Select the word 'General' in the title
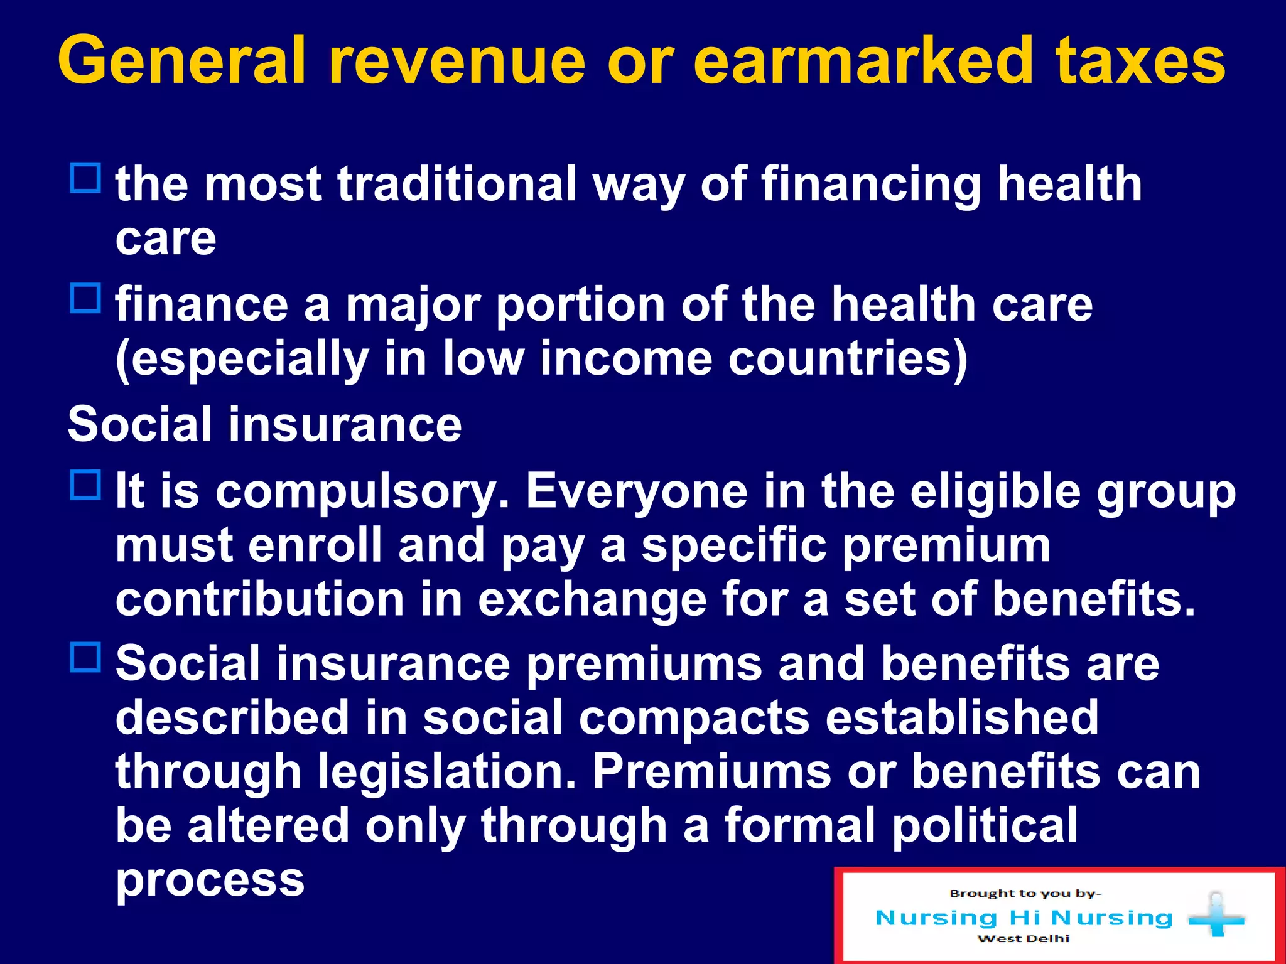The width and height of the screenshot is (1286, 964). [183, 61]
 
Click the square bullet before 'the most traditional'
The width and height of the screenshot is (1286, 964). [85, 178]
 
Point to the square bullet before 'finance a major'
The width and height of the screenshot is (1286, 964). [85, 298]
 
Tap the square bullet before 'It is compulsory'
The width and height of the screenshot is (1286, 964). [85, 485]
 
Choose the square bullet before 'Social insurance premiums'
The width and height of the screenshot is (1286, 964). [85, 657]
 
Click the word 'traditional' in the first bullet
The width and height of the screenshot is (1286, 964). [457, 185]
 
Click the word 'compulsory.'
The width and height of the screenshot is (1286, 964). [362, 491]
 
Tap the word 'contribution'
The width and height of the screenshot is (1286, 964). [260, 599]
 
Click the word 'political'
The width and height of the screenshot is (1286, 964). [985, 825]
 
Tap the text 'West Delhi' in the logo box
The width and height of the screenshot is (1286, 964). [1024, 939]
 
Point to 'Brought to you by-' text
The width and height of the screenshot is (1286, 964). [1025, 894]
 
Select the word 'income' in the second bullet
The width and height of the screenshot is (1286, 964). [626, 359]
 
